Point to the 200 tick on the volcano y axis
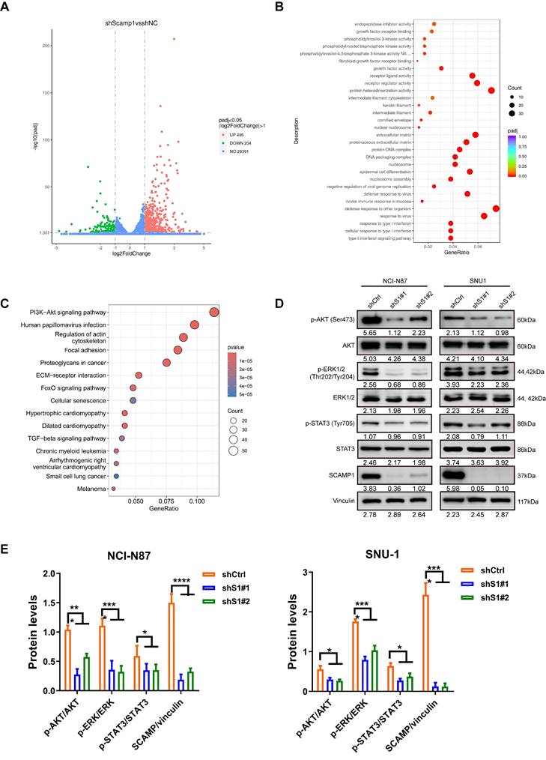click(45, 46)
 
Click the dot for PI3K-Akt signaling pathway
click(214, 312)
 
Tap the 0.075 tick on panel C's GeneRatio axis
click(166, 504)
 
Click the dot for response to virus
click(484, 216)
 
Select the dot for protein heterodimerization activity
click(491, 90)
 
